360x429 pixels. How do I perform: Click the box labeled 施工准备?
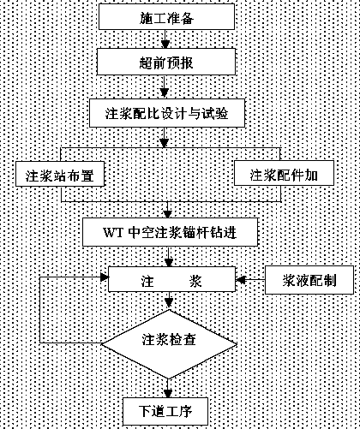tap(166, 16)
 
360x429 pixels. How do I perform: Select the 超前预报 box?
tap(166, 62)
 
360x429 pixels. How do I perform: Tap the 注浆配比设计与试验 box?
tap(167, 113)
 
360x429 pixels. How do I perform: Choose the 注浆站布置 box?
tap(60, 174)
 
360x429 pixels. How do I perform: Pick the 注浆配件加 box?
tap(284, 173)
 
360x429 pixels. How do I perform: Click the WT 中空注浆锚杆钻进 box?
tap(171, 232)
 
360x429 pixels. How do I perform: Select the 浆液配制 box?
tap(309, 280)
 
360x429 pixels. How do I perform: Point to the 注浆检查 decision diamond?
tap(169, 344)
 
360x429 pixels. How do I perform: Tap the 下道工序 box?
tap(165, 411)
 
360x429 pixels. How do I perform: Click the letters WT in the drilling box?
tap(113, 232)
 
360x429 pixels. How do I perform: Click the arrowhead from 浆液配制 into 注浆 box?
tap(241, 280)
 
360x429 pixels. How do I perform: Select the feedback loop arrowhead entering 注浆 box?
tap(105, 277)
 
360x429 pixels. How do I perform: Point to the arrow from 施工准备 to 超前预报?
tap(165, 39)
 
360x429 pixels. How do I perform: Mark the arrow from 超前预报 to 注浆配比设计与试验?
tap(164, 87)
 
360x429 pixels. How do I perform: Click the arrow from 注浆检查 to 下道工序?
tap(168, 388)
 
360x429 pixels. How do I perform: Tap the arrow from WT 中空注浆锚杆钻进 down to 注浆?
tap(169, 256)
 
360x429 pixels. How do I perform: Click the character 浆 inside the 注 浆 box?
tap(195, 281)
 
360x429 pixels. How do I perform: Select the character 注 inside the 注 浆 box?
tap(147, 281)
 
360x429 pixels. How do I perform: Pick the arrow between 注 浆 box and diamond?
tap(169, 301)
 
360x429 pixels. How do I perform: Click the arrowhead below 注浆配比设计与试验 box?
tap(164, 143)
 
